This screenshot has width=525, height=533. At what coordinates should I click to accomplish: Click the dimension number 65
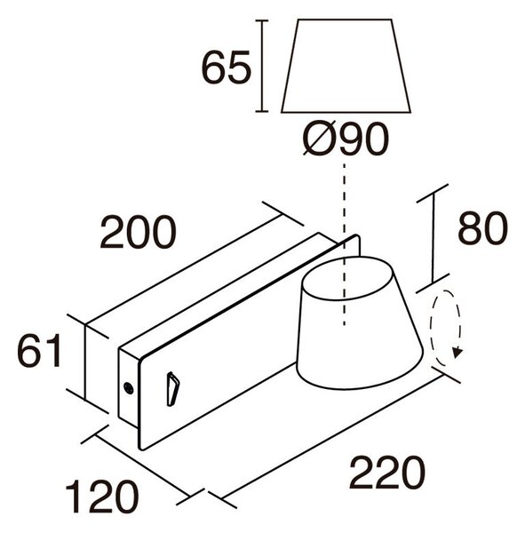pyautogui.click(x=227, y=68)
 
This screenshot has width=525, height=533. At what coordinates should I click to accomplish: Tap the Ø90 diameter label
pyautogui.click(x=346, y=139)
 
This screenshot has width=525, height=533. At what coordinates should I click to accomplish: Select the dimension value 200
pyautogui.click(x=139, y=232)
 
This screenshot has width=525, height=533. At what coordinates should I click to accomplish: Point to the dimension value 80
pyautogui.click(x=482, y=228)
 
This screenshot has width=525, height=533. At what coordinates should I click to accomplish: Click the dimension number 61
pyautogui.click(x=39, y=351)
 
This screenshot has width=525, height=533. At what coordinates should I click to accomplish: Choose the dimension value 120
pyautogui.click(x=102, y=497)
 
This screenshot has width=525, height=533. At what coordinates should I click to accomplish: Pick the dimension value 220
pyautogui.click(x=387, y=473)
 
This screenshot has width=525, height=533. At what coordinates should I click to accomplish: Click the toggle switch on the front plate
pyautogui.click(x=172, y=389)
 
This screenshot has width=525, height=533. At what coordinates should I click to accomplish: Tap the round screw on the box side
pyautogui.click(x=129, y=388)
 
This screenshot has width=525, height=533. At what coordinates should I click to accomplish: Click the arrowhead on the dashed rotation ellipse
pyautogui.click(x=457, y=354)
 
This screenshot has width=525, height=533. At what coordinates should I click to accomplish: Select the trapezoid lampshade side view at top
pyautogui.click(x=346, y=66)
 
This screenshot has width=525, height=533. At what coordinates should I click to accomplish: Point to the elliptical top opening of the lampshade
pyautogui.click(x=348, y=279)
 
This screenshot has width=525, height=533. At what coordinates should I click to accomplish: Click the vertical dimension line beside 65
pyautogui.click(x=261, y=66)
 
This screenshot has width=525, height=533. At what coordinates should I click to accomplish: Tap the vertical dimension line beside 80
pyautogui.click(x=433, y=238)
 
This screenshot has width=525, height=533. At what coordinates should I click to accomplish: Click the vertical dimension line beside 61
pyautogui.click(x=85, y=362)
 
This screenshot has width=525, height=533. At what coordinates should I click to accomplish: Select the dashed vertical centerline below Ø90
pyautogui.click(x=345, y=244)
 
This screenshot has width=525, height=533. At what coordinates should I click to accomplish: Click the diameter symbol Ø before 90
pyautogui.click(x=319, y=139)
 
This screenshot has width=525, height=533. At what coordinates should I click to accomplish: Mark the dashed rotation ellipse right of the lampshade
pyautogui.click(x=446, y=328)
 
